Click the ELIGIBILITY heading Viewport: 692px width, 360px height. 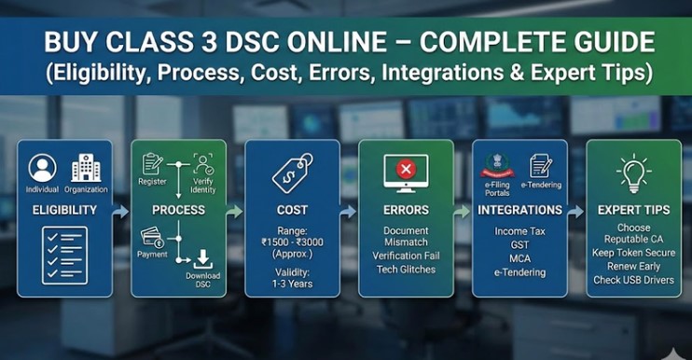tap(64, 210)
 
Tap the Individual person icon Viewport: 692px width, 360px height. tap(42, 168)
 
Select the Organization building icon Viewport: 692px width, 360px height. tap(86, 168)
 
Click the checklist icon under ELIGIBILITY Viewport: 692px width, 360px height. tap(64, 255)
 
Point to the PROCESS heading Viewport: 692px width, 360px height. tap(178, 210)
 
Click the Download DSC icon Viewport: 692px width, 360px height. tap(201, 258)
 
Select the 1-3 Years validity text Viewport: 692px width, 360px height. tap(291, 285)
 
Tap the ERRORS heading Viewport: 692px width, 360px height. tap(406, 210)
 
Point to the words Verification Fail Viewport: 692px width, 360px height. tap(406, 256)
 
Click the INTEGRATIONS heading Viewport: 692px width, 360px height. tap(519, 210)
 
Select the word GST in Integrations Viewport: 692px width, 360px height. tap(519, 245)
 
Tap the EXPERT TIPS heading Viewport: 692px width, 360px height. tap(633, 210)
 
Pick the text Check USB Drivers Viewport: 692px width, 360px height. tap(633, 279)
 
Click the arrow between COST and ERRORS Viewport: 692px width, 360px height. tap(348, 212)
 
